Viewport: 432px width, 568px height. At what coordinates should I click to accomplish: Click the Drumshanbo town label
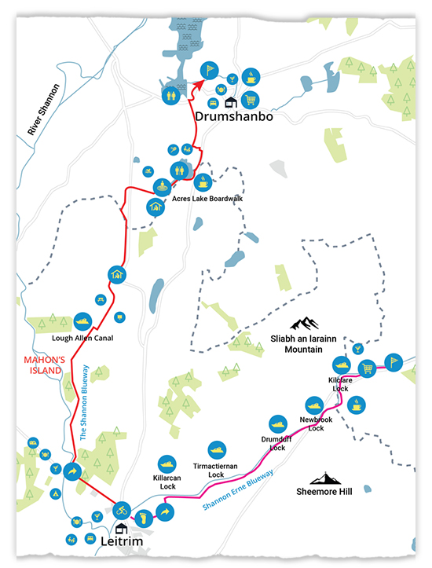pyautogui.click(x=234, y=116)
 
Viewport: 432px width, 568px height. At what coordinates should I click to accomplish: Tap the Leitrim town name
pyautogui.click(x=122, y=541)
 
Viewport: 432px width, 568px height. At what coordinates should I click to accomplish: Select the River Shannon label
pyautogui.click(x=43, y=109)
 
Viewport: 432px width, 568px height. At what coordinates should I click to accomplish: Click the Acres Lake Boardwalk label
pyautogui.click(x=207, y=199)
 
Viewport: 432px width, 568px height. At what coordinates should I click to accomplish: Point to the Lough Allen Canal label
pyautogui.click(x=82, y=338)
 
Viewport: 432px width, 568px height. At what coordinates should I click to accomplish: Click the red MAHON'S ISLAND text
pyautogui.click(x=45, y=365)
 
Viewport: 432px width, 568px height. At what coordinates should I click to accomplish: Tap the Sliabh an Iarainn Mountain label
pyautogui.click(x=303, y=344)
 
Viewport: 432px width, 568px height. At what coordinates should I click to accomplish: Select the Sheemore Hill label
pyautogui.click(x=324, y=492)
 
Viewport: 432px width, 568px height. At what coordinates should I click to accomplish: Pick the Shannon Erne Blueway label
pyautogui.click(x=237, y=489)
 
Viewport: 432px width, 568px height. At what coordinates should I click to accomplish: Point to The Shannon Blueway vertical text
pyautogui.click(x=84, y=402)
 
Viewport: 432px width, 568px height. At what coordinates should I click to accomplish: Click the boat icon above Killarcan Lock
pyautogui.click(x=167, y=464)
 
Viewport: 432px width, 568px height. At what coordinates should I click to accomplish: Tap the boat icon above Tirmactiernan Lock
pyautogui.click(x=217, y=450)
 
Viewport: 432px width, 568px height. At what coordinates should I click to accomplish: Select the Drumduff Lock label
pyautogui.click(x=276, y=443)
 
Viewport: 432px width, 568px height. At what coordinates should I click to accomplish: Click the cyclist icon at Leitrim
pyautogui.click(x=122, y=511)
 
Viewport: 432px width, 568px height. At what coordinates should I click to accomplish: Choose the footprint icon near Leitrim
pyautogui.click(x=144, y=518)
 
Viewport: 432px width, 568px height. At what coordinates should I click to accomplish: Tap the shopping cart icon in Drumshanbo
pyautogui.click(x=250, y=100)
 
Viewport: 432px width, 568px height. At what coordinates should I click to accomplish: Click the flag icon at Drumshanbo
pyautogui.click(x=209, y=70)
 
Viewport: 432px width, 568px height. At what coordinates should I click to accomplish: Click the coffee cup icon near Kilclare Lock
pyautogui.click(x=357, y=405)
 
